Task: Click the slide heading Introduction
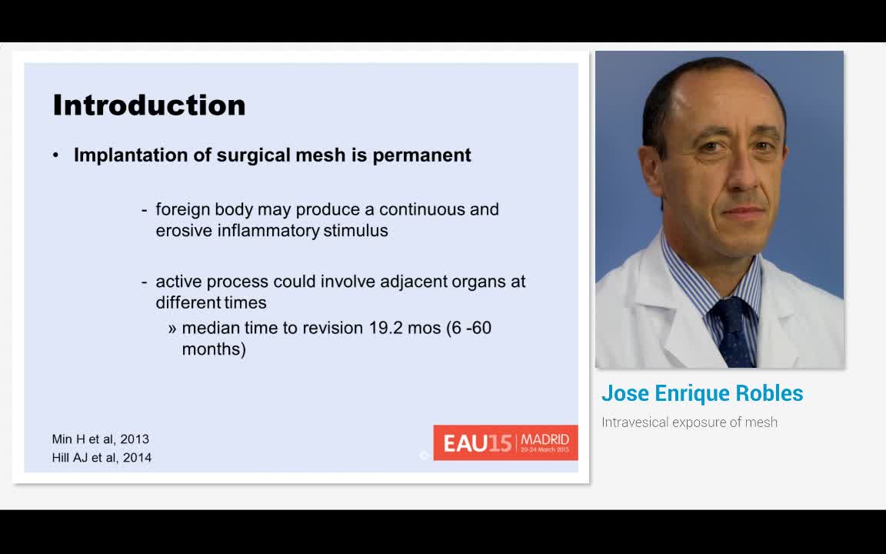(149, 105)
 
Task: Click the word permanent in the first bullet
(421, 155)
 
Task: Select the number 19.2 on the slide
(387, 328)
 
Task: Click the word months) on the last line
(214, 349)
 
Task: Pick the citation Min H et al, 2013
(101, 439)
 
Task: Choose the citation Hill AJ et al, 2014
(102, 457)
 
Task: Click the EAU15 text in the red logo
(478, 443)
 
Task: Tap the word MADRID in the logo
(545, 439)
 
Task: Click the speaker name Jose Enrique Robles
(702, 393)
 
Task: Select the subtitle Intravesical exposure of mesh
(689, 422)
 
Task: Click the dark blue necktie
(734, 332)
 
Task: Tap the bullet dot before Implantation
(55, 155)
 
